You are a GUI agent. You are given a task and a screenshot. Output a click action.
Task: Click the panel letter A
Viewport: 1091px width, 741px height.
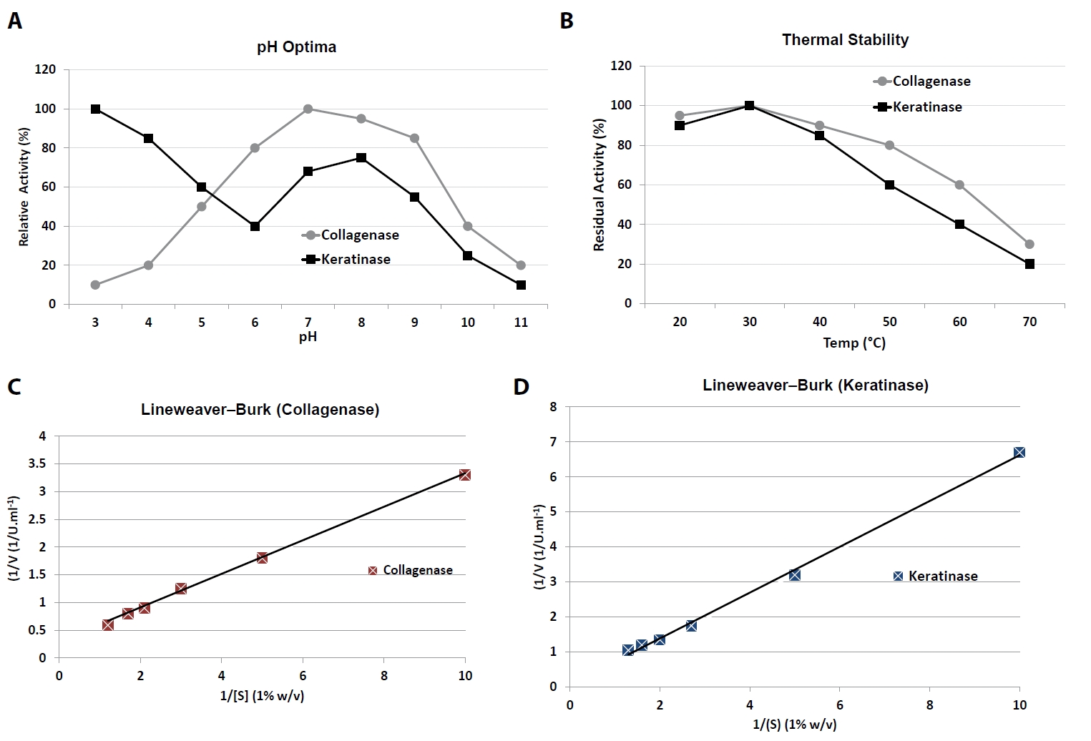tap(14, 21)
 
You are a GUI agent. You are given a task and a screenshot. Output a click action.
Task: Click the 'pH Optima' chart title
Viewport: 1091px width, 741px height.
tap(296, 47)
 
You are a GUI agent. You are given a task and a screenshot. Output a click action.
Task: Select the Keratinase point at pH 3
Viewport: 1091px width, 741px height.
tap(95, 109)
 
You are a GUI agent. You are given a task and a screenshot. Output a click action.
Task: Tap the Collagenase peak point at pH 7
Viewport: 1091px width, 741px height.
tap(308, 109)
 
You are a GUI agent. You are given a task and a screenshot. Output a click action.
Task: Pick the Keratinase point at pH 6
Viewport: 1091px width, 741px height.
tap(255, 226)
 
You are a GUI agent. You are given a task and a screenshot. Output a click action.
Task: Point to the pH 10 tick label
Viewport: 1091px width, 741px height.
tap(467, 323)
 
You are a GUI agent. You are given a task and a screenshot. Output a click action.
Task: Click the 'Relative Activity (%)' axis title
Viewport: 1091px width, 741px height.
tap(24, 187)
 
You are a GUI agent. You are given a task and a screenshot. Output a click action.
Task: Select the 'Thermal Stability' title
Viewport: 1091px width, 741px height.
tap(845, 40)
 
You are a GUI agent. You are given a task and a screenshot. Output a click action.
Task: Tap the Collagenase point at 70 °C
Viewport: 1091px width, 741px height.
tap(1029, 245)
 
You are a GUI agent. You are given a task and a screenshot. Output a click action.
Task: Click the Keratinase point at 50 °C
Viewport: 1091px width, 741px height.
tap(889, 185)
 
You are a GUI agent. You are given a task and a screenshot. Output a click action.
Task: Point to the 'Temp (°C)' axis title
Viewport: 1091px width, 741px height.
tap(854, 343)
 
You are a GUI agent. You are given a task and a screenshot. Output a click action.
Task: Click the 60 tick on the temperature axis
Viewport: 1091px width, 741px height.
tap(959, 322)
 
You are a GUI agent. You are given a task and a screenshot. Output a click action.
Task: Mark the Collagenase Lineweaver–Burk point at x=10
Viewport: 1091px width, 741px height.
tap(465, 475)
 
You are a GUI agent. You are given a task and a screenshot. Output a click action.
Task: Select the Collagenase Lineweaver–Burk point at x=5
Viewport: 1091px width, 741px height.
tap(262, 558)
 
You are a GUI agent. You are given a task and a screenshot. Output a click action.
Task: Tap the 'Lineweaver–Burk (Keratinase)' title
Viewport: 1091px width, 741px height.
tap(816, 386)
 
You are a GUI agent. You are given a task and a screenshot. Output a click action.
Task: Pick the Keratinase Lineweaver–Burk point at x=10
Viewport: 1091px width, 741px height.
tap(1019, 452)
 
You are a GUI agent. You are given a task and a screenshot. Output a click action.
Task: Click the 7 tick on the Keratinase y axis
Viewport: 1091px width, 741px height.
tap(553, 442)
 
